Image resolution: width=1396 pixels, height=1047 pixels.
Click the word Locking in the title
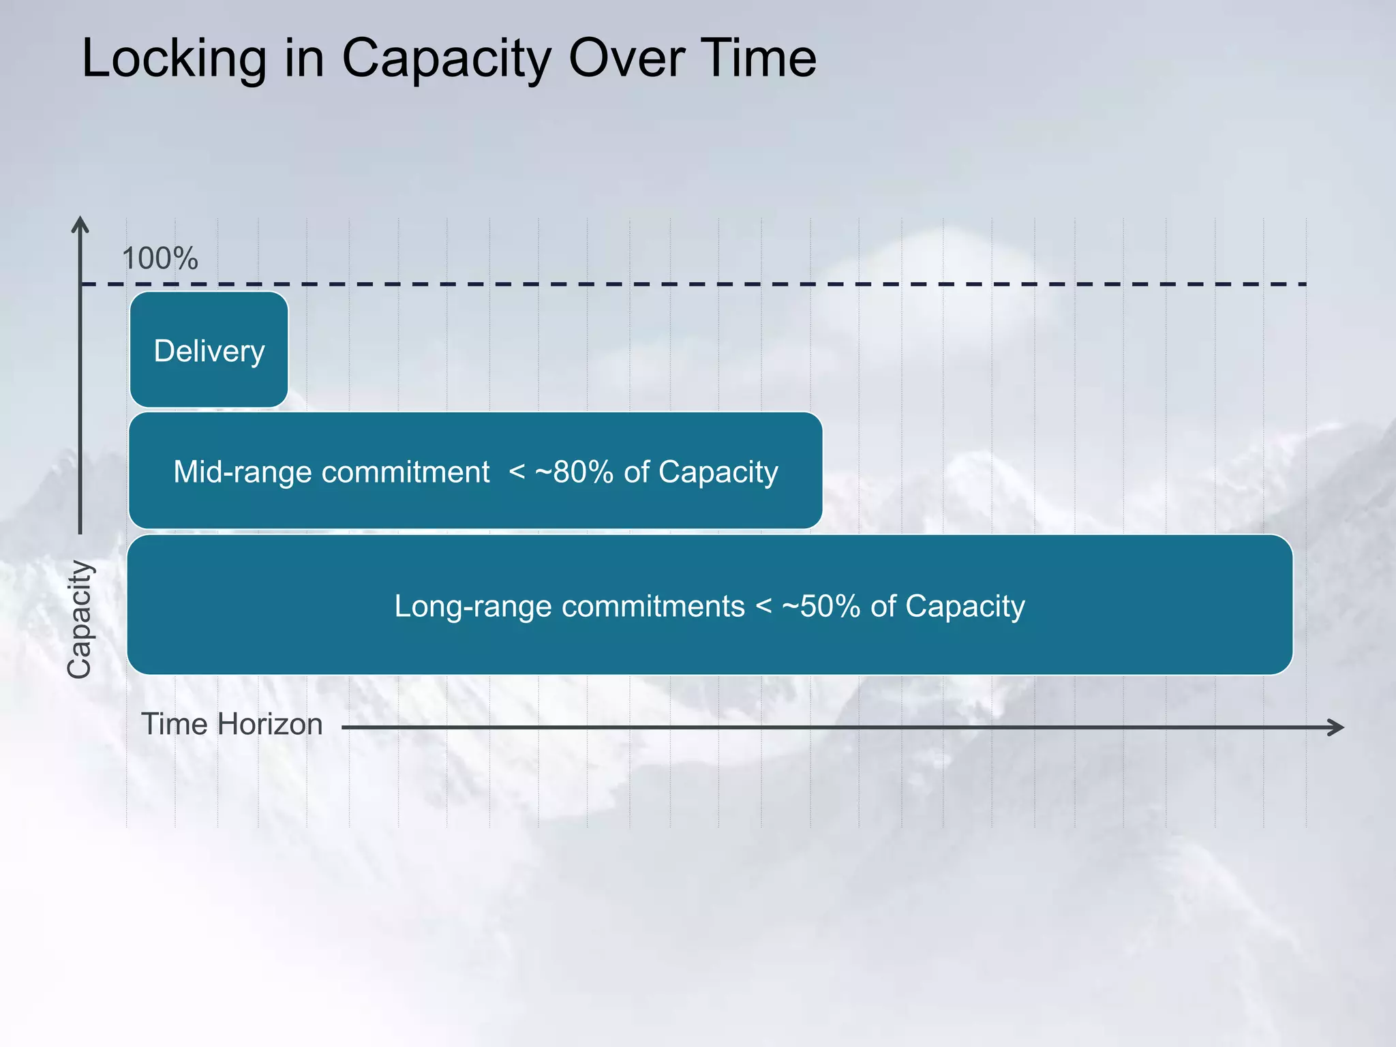(174, 60)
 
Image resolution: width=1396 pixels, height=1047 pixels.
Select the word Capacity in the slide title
(446, 60)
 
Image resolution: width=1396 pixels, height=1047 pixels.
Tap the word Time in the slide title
(757, 59)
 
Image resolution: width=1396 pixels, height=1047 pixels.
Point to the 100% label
(160, 259)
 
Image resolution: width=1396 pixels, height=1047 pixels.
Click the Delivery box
(209, 350)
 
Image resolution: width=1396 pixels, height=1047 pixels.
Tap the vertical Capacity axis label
(79, 619)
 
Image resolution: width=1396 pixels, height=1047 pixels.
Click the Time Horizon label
(232, 724)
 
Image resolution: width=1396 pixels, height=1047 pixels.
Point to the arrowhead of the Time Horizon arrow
(1337, 727)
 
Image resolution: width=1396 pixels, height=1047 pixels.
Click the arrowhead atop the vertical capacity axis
(80, 225)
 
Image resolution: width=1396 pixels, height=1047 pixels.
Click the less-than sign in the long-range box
(763, 606)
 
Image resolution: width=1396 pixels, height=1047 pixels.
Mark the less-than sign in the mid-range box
(517, 472)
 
